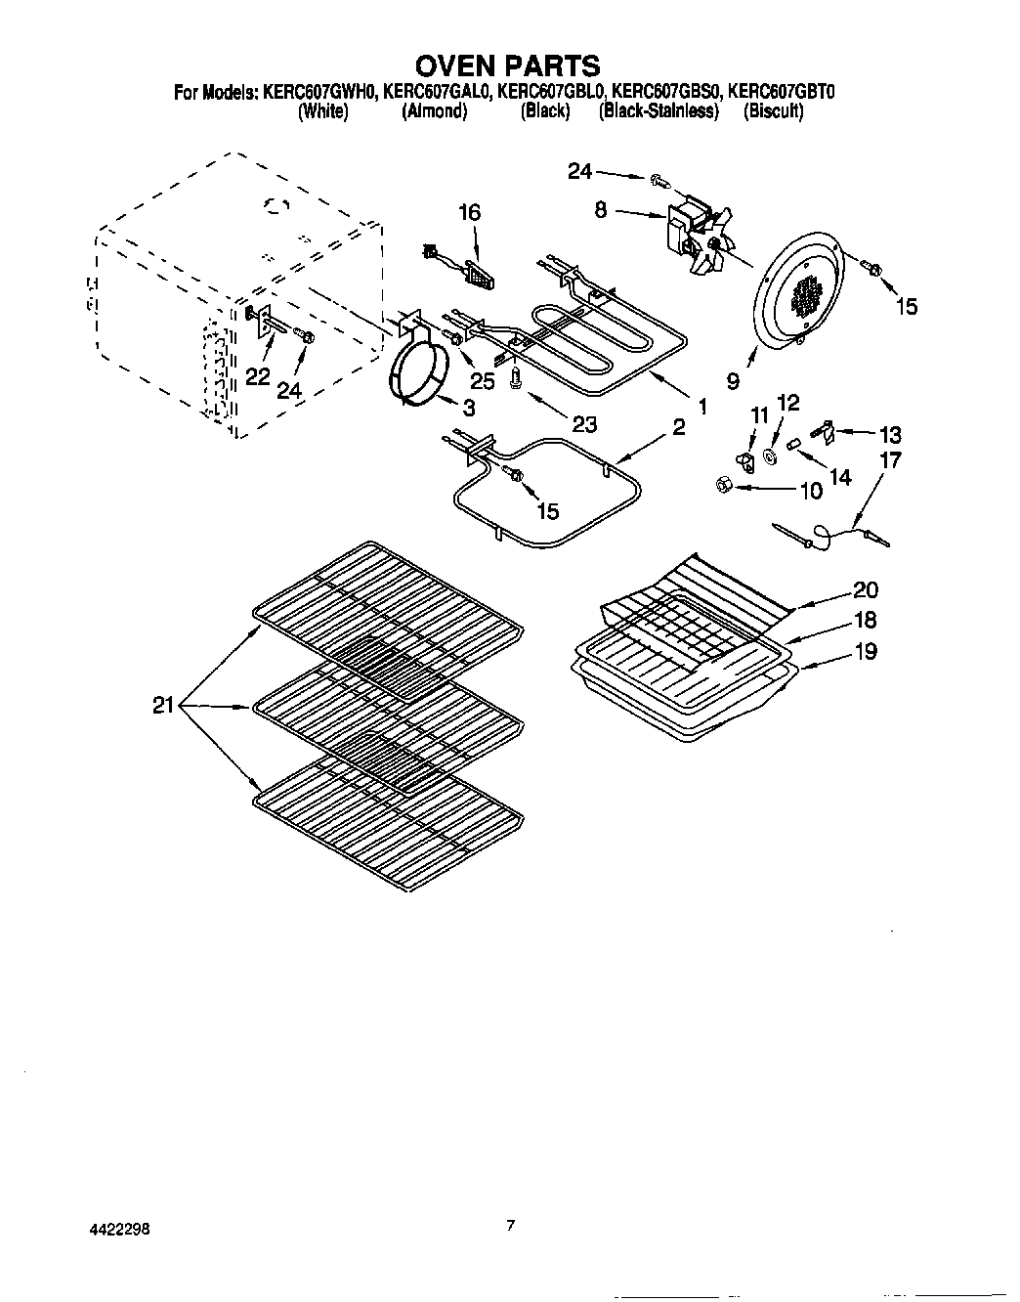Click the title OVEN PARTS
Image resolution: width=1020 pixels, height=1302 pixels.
pyautogui.click(x=508, y=65)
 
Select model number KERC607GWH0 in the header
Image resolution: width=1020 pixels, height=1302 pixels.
pyautogui.click(x=319, y=94)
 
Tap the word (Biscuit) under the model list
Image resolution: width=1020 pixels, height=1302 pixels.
pyautogui.click(x=773, y=111)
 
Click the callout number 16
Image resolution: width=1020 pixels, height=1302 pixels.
pyautogui.click(x=469, y=212)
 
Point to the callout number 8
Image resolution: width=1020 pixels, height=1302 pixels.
pyautogui.click(x=601, y=209)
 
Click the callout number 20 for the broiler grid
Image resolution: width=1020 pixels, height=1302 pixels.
pyautogui.click(x=865, y=589)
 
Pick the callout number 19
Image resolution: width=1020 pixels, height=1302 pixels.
pyautogui.click(x=865, y=651)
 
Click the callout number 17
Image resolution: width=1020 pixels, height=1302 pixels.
pyautogui.click(x=890, y=459)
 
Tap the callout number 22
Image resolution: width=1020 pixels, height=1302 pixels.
pyautogui.click(x=257, y=377)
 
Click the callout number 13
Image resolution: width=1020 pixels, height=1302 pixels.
pyautogui.click(x=889, y=434)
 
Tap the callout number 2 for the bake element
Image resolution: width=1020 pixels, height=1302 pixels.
pyautogui.click(x=678, y=426)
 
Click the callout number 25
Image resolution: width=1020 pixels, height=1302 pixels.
pyautogui.click(x=483, y=381)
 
